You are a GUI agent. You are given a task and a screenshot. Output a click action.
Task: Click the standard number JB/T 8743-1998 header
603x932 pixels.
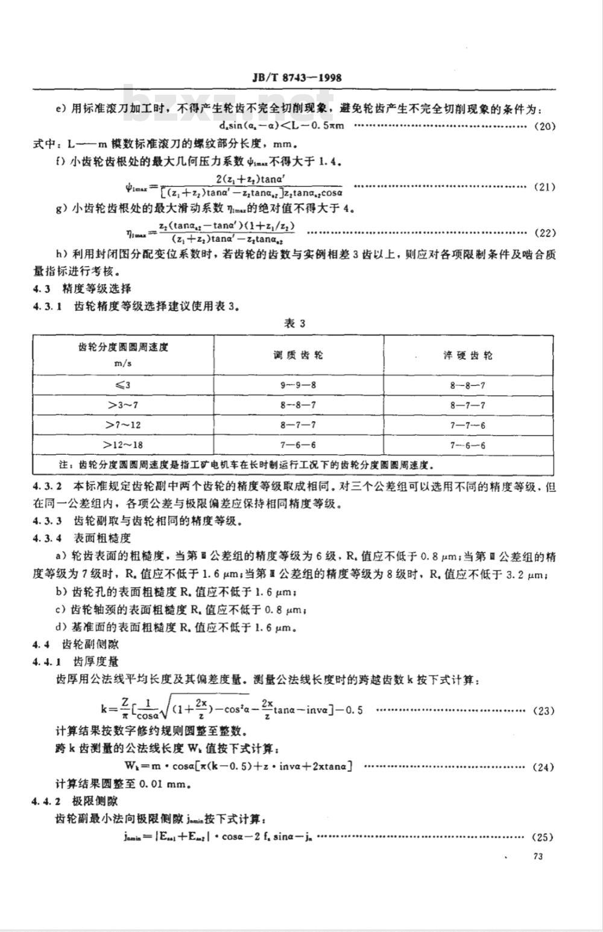click(x=295, y=78)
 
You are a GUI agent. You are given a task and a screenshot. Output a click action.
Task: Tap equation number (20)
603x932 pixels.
click(x=545, y=126)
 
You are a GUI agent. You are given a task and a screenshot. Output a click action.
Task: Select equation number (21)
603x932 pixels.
click(x=545, y=186)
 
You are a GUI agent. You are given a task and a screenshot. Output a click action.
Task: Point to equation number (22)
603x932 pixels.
click(x=545, y=233)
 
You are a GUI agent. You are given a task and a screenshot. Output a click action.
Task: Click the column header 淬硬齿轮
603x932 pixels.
click(x=468, y=355)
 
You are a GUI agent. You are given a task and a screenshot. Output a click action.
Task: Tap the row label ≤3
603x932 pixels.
click(x=123, y=385)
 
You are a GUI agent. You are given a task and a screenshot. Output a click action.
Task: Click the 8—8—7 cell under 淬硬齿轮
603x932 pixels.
click(x=468, y=385)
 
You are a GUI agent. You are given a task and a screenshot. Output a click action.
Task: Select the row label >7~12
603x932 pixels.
click(x=123, y=425)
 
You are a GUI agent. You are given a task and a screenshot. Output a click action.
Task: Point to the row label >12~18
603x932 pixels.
click(x=123, y=445)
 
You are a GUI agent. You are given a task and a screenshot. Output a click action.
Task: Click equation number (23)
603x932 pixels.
click(x=545, y=711)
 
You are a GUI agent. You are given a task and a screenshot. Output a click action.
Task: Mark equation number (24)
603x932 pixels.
click(x=545, y=767)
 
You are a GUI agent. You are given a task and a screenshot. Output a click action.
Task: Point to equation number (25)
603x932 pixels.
click(x=545, y=837)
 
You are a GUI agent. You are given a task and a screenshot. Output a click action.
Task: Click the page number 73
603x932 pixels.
click(x=538, y=857)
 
